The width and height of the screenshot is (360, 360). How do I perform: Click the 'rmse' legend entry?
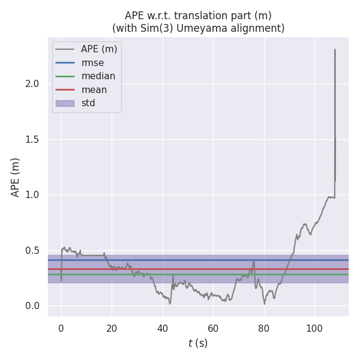(x=92, y=62)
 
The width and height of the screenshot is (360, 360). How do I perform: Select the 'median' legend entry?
(x=97, y=76)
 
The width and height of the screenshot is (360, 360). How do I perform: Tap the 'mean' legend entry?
(x=94, y=89)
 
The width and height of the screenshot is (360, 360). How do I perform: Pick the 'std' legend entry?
(x=88, y=103)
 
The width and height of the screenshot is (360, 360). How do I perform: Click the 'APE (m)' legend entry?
(x=99, y=49)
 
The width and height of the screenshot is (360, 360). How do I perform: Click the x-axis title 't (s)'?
(x=198, y=343)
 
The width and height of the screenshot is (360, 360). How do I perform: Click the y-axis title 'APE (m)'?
(x=16, y=177)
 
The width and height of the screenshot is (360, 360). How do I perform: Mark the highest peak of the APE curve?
(x=335, y=49)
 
